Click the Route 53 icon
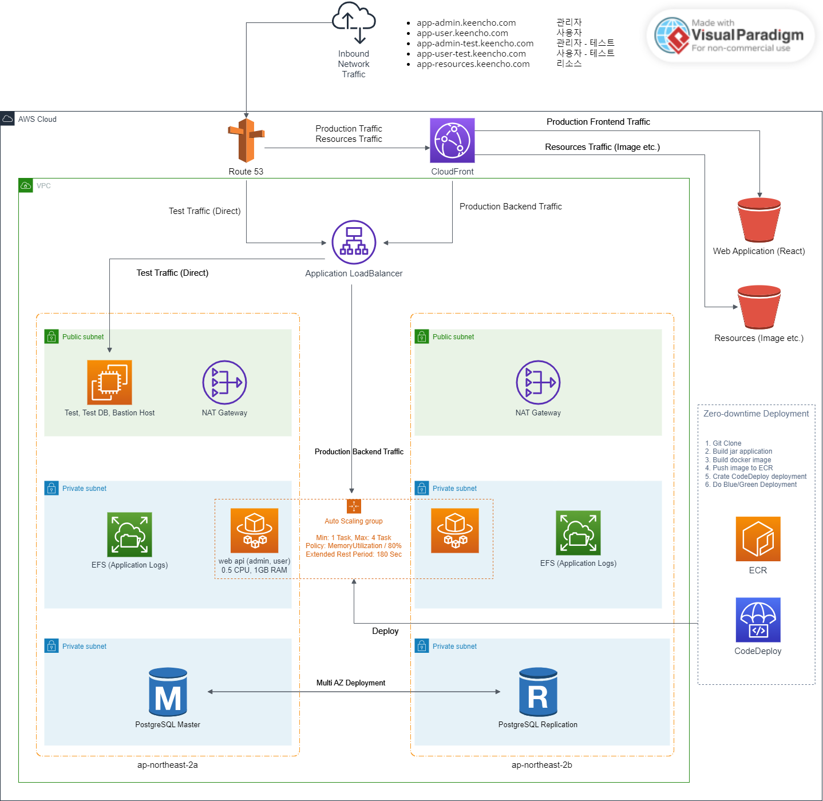pyautogui.click(x=246, y=141)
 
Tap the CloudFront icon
pyautogui.click(x=452, y=140)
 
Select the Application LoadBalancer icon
pyautogui.click(x=354, y=242)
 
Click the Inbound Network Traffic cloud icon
pyautogui.click(x=354, y=22)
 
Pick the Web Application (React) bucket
pyautogui.click(x=759, y=220)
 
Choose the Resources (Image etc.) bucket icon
pyautogui.click(x=759, y=307)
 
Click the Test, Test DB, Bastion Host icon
pyautogui.click(x=109, y=382)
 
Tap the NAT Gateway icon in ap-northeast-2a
pyautogui.click(x=224, y=382)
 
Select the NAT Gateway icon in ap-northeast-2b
pyautogui.click(x=538, y=382)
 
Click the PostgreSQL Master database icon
pyautogui.click(x=168, y=692)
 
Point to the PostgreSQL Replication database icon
pyautogui.click(x=538, y=692)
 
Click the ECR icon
pyautogui.click(x=758, y=539)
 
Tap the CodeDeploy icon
pyautogui.click(x=758, y=620)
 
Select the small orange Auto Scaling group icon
pyautogui.click(x=354, y=506)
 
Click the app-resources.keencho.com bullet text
pyautogui.click(x=473, y=64)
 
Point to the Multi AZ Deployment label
pyautogui.click(x=351, y=683)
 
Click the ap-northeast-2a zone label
pyautogui.click(x=168, y=765)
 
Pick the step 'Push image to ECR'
pyautogui.click(x=742, y=468)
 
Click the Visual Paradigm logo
pyautogui.click(x=730, y=35)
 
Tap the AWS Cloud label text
pyautogui.click(x=37, y=119)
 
